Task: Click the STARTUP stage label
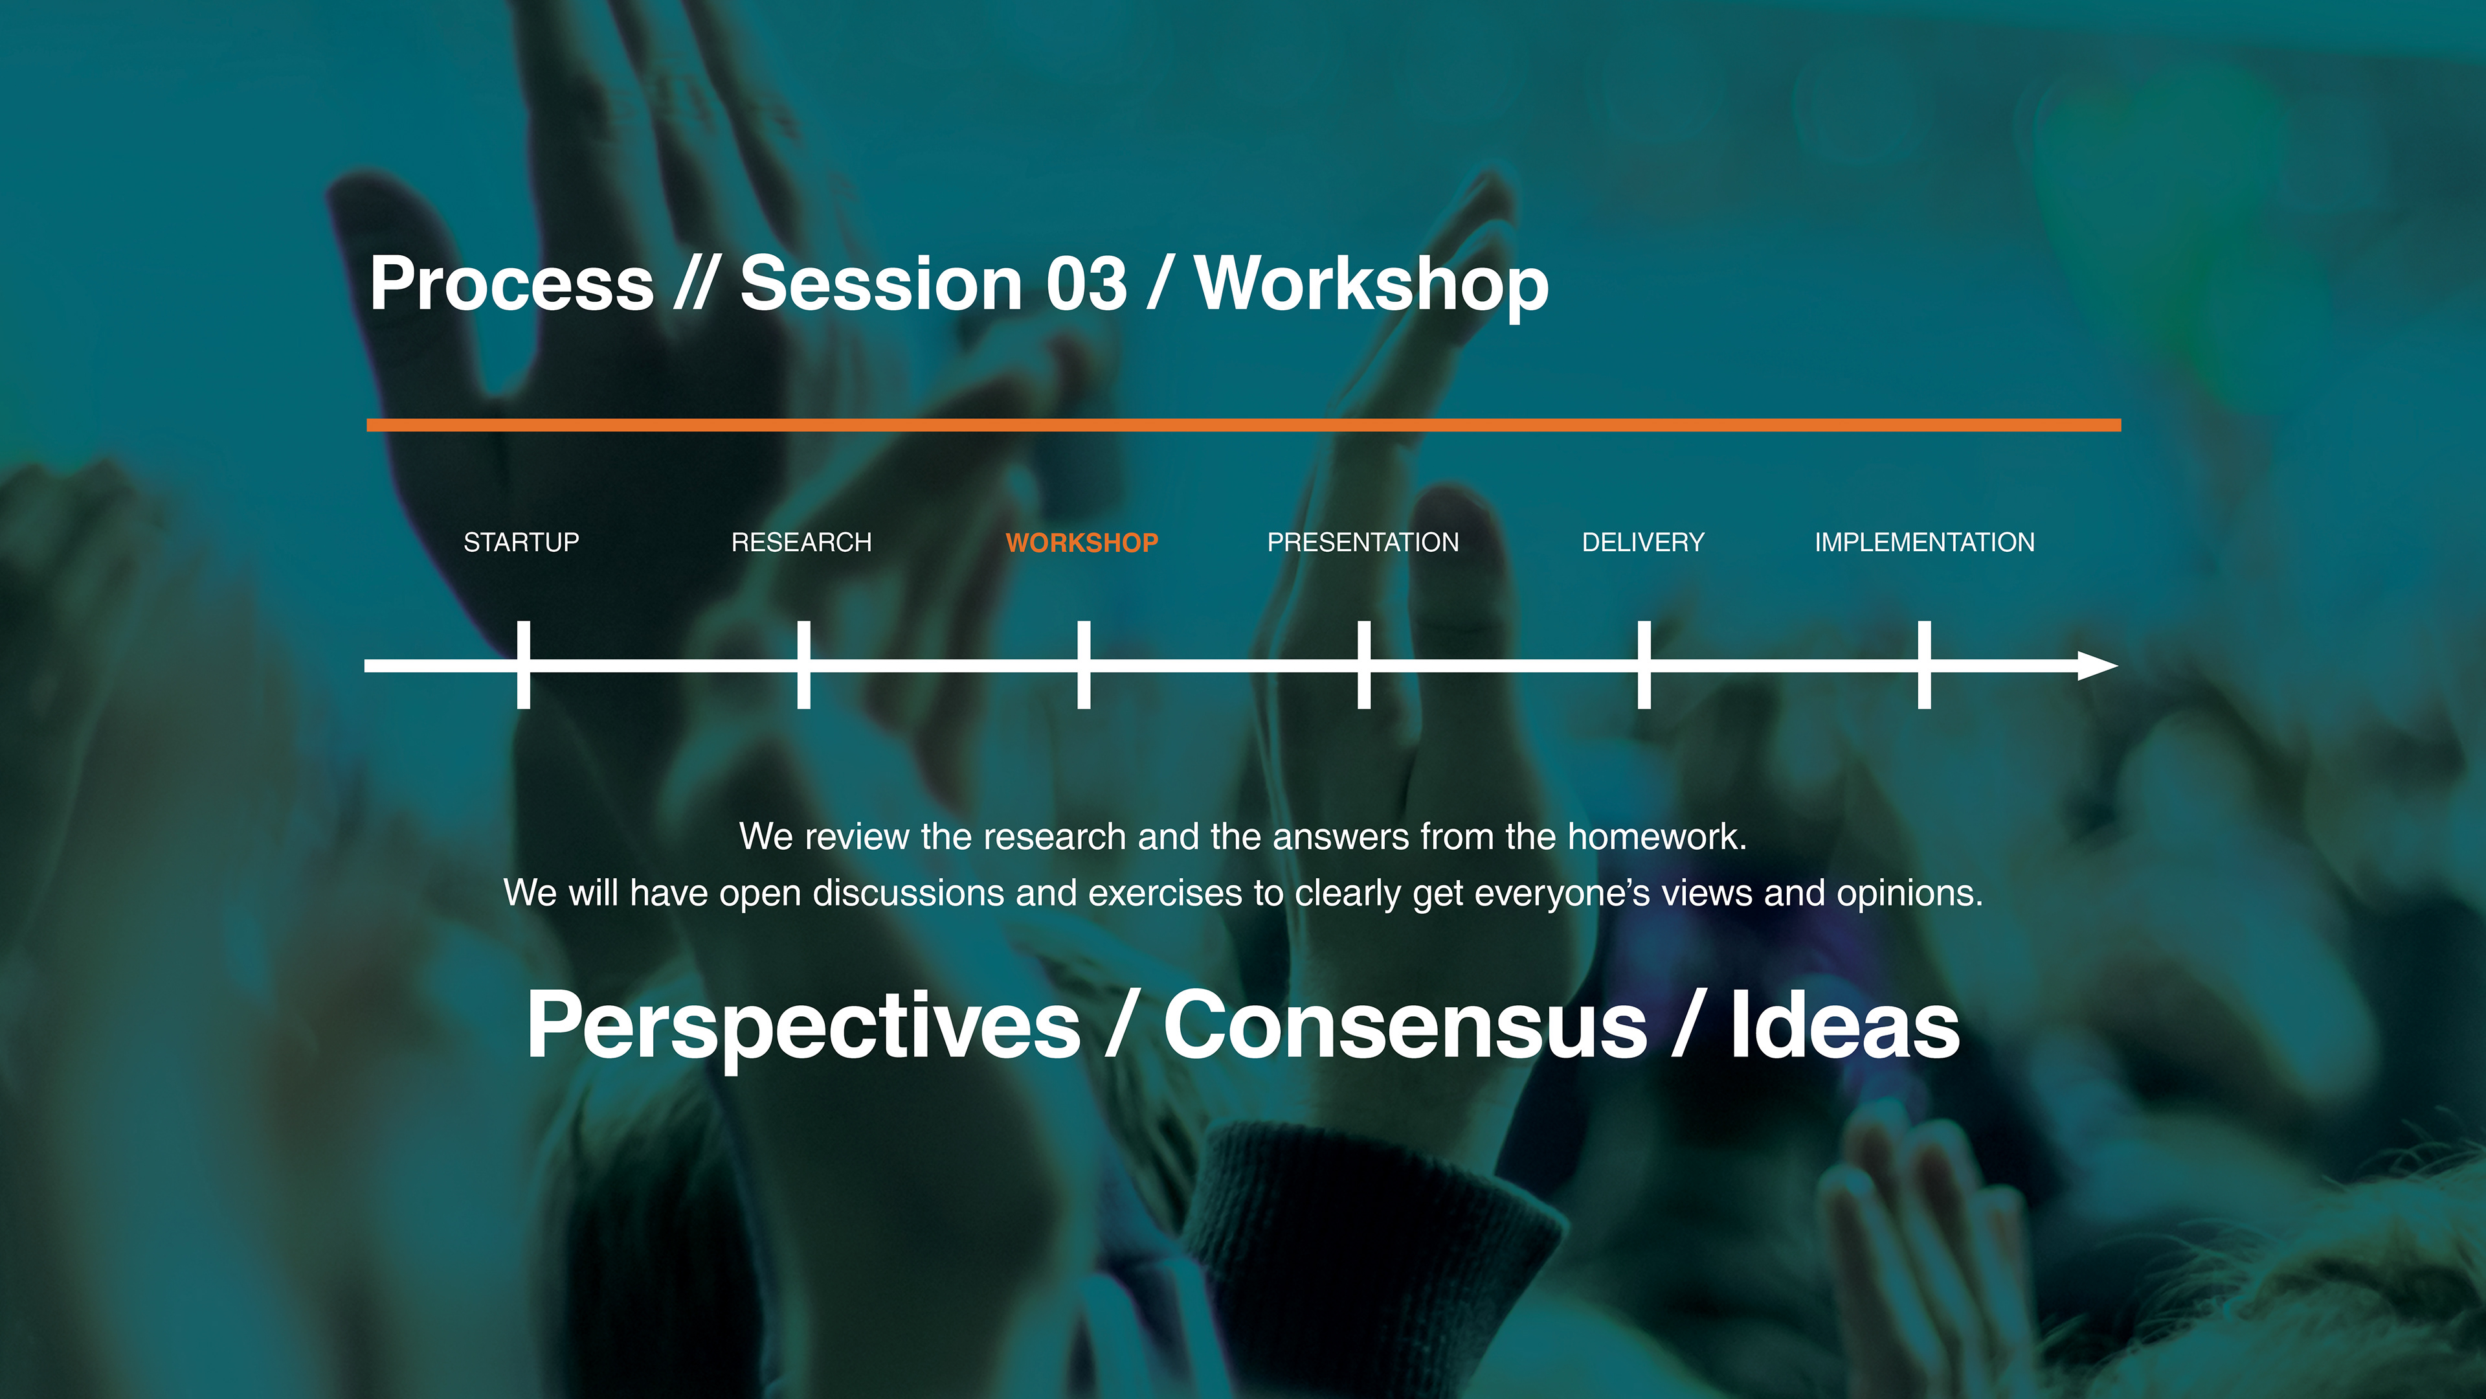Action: click(x=521, y=543)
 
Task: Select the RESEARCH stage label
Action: click(x=801, y=543)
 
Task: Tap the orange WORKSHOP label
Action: click(x=1082, y=543)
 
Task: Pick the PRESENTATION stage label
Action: click(x=1363, y=543)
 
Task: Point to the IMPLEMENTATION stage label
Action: click(x=1924, y=543)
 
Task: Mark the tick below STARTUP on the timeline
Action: click(x=523, y=665)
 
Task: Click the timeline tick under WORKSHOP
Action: click(x=1084, y=665)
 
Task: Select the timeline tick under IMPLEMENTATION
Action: click(x=1924, y=665)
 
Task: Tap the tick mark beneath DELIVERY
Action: click(x=1644, y=665)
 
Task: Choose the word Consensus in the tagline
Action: click(x=1405, y=1025)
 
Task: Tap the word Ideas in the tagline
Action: click(x=1844, y=1025)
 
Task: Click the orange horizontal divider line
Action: click(x=1244, y=425)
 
